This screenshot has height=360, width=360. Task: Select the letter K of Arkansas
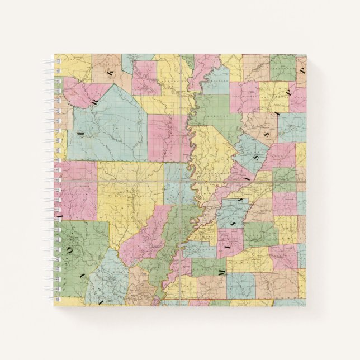point(111,69)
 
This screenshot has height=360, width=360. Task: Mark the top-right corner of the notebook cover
point(306,54)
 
